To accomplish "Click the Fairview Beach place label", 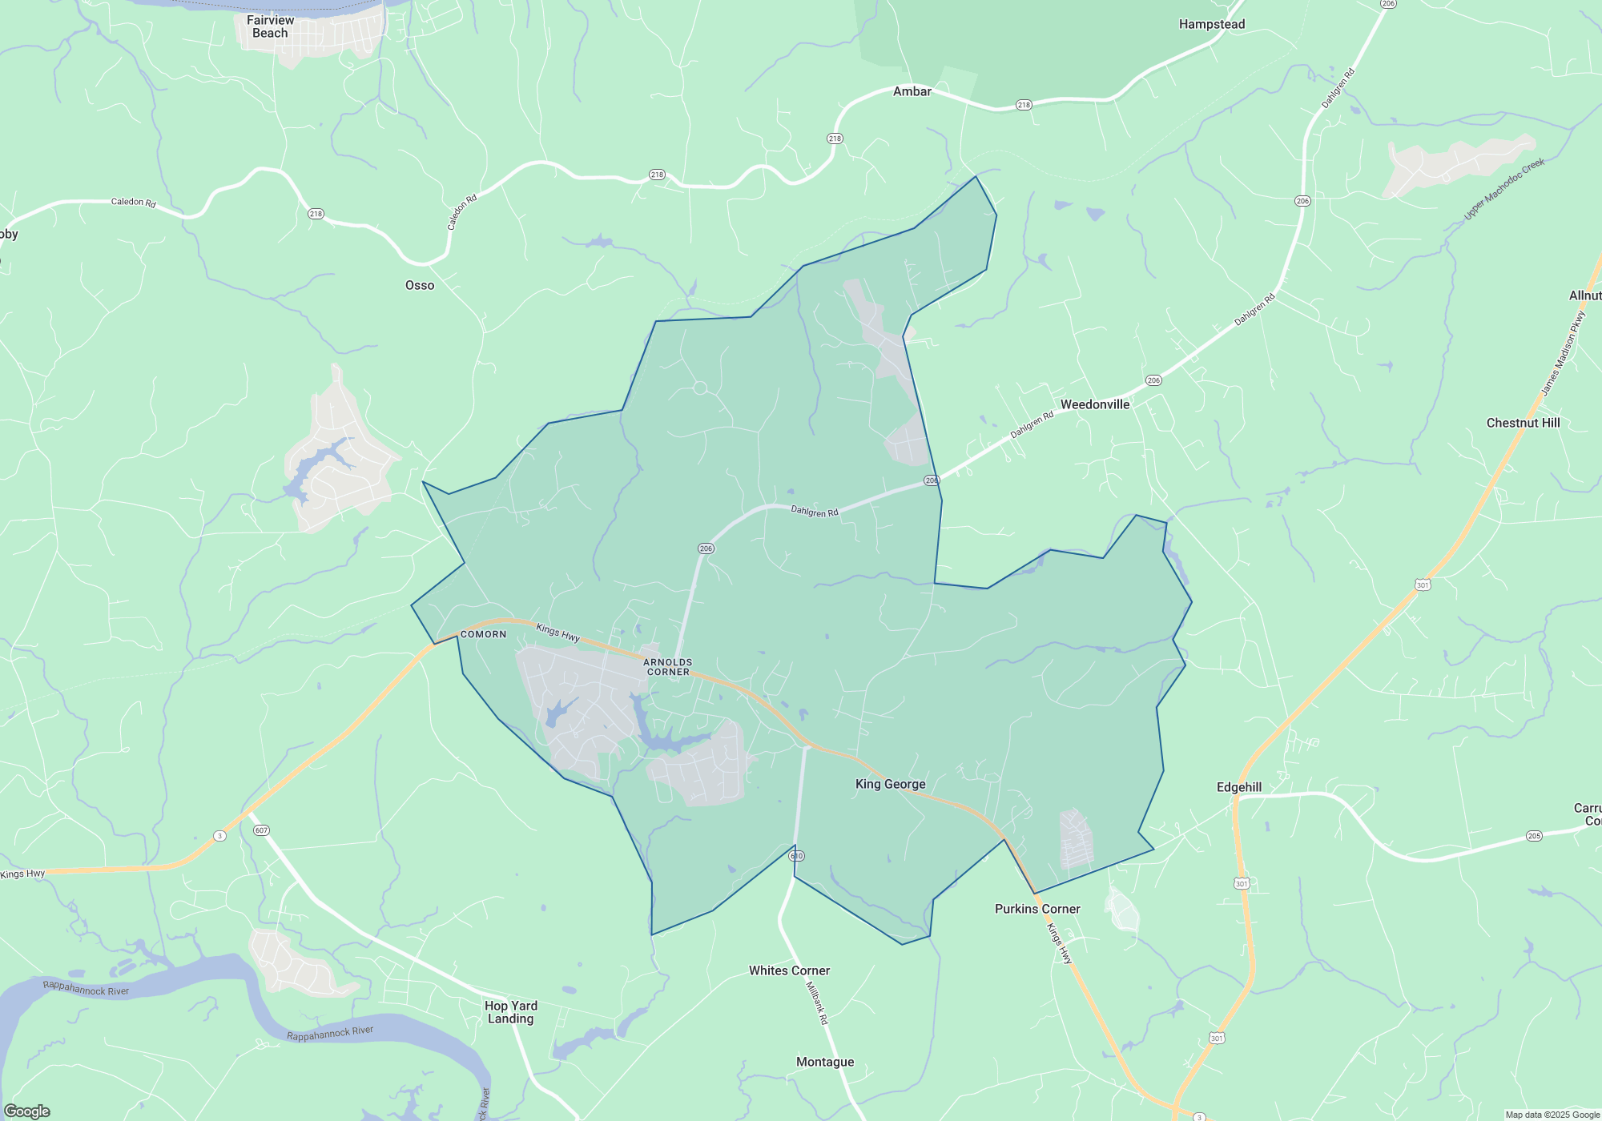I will coord(270,26).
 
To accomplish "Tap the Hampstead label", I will coord(1211,24).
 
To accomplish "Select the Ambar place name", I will coord(912,91).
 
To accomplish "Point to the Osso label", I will coord(420,285).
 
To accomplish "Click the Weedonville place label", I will coord(1094,404).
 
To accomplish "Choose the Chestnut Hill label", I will coord(1523,423).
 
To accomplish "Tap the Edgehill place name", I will coord(1238,787).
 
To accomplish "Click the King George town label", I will coord(890,784).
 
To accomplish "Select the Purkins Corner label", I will coord(1037,909).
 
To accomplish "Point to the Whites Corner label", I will coord(789,970).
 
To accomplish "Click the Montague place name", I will coord(825,1062).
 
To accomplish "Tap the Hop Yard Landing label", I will coord(511,1012).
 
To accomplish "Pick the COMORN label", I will coord(483,634).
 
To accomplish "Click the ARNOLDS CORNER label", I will coord(668,667).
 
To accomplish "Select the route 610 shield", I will coord(796,856).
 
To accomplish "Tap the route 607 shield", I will coord(261,830).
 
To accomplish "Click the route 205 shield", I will coord(1534,836).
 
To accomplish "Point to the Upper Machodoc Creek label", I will coord(1503,189).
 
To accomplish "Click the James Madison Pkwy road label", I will coord(1563,353).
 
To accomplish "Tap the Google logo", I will coord(27,1111).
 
